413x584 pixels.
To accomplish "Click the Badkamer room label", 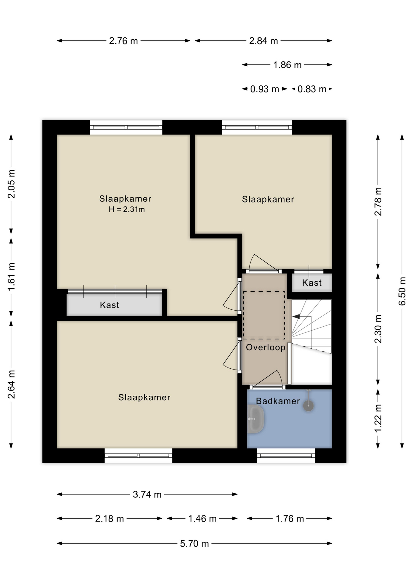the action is click(278, 401).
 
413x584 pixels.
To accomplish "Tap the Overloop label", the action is click(265, 347).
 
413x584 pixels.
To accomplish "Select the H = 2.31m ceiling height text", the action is click(127, 209).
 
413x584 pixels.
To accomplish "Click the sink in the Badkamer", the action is click(255, 419).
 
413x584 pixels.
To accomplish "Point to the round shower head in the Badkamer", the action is click(308, 405).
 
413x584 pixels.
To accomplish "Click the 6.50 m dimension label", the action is click(402, 291).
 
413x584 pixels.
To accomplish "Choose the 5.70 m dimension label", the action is click(194, 544).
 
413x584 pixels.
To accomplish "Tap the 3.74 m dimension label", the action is click(147, 494).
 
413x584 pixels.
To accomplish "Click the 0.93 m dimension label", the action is click(265, 89).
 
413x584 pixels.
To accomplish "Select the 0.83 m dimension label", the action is click(312, 89).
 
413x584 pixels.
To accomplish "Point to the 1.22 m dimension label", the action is click(378, 418).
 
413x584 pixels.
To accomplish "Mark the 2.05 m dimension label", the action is click(11, 184).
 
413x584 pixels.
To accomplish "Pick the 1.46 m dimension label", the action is click(202, 519).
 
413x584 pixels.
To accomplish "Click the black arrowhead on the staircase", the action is click(296, 317).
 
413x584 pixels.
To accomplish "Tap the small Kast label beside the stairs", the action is click(312, 283).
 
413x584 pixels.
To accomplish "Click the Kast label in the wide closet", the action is click(109, 305).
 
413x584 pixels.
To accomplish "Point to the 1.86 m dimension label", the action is click(287, 65).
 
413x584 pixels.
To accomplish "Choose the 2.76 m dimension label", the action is click(123, 41).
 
